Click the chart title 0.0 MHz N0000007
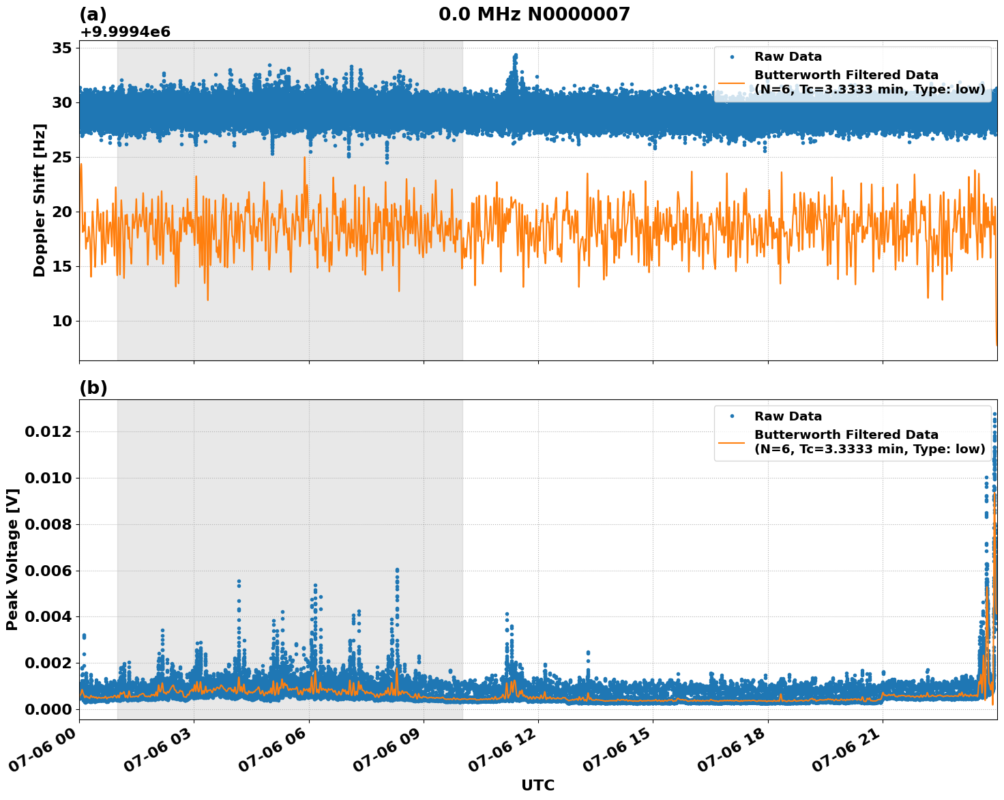pos(534,14)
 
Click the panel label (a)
pos(93,14)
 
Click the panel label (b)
pos(93,388)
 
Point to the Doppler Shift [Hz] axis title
pos(40,200)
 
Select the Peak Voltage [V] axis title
pos(12,559)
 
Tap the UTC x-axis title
pos(537,785)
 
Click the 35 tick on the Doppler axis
pos(62,48)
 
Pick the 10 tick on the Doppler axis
pos(62,321)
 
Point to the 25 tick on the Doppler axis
pos(62,157)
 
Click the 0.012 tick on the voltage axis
pos(48,431)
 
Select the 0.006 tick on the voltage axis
pos(48,571)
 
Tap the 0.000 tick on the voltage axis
pos(48,709)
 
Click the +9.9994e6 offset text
pos(125,32)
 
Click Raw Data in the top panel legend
pos(788,57)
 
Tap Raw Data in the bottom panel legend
pos(788,416)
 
